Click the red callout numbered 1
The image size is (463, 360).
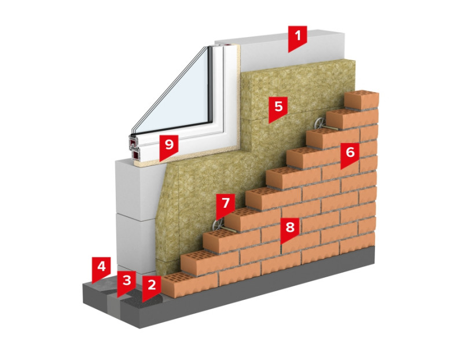pos(298,39)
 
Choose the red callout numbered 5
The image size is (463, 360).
pos(278,108)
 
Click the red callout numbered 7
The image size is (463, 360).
pos(226,204)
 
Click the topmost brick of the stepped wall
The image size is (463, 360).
pos(362,99)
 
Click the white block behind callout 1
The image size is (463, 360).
pos(260,49)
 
